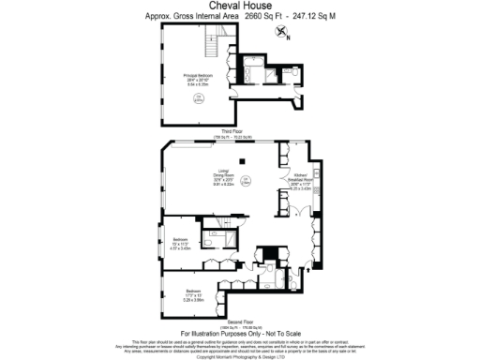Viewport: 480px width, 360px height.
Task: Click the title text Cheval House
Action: (240, 7)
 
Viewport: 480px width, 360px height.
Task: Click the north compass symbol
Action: (281, 33)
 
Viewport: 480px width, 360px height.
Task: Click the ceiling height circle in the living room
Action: (245, 181)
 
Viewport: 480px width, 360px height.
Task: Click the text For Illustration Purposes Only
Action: (239, 333)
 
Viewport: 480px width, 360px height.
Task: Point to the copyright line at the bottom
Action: (240, 355)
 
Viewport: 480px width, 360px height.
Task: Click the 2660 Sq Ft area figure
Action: (261, 17)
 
